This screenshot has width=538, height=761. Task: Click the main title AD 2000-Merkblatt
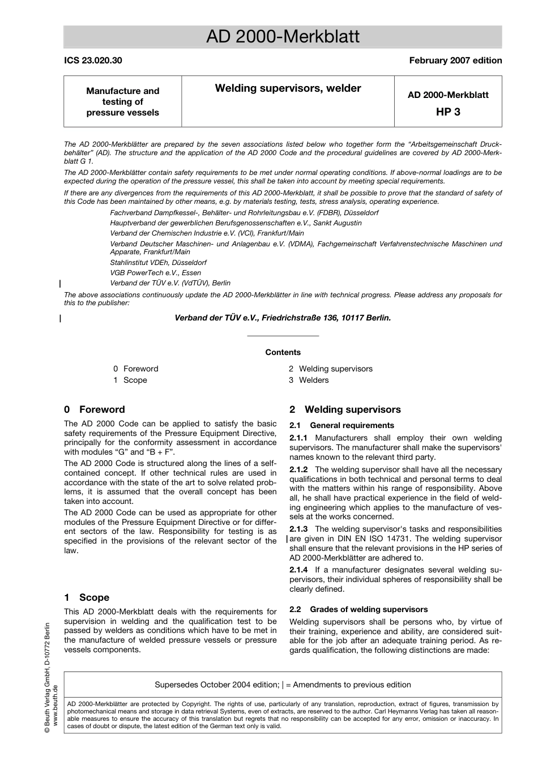click(283, 37)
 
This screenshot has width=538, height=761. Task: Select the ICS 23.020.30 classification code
click(93, 61)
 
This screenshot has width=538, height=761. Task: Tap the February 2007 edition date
click(455, 61)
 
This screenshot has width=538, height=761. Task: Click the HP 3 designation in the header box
click(448, 112)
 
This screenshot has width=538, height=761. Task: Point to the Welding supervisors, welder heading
click(288, 88)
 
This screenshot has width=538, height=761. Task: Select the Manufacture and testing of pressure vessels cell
click(123, 102)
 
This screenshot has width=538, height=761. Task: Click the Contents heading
click(283, 352)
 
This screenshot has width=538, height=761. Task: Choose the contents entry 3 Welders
click(309, 380)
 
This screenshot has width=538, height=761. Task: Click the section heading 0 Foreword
click(95, 409)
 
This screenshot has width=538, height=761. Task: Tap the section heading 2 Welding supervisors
click(345, 409)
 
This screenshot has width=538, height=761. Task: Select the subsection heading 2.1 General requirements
click(341, 425)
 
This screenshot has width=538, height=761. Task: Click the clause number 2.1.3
click(298, 529)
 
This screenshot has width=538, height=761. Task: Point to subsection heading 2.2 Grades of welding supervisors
click(358, 609)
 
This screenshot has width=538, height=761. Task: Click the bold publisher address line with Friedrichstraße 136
click(283, 318)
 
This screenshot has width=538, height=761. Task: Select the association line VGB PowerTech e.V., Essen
click(155, 272)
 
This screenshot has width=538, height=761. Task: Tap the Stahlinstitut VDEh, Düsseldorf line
click(158, 262)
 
